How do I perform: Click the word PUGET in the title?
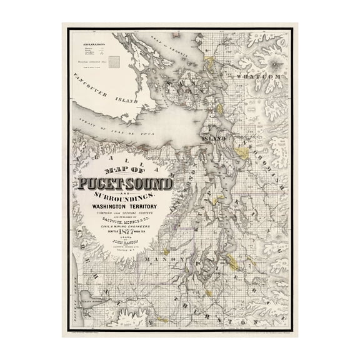coord(104,185)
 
